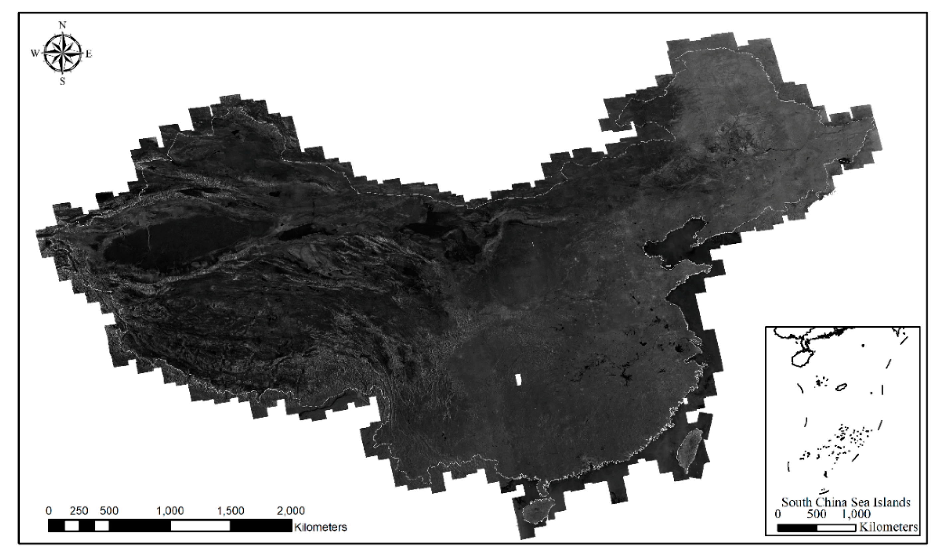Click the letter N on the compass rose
[x=62, y=25]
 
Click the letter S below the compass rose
[x=62, y=81]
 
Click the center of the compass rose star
[x=62, y=53]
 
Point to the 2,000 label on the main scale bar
[x=291, y=510]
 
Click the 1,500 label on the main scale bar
[x=231, y=510]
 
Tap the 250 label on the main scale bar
[x=79, y=510]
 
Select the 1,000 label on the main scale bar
[x=170, y=510]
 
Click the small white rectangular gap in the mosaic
[x=518, y=379]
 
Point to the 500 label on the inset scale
[x=817, y=514]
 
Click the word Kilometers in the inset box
[x=888, y=527]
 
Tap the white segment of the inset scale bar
[x=836, y=528]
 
